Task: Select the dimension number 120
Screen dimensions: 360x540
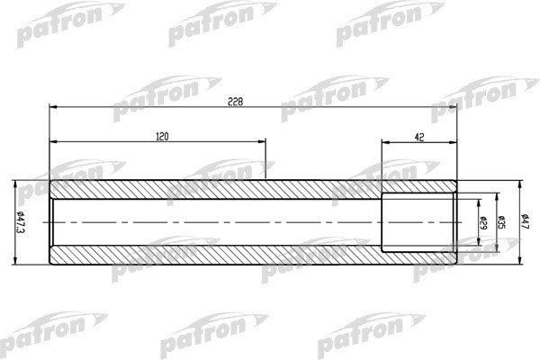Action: pyautogui.click(x=162, y=137)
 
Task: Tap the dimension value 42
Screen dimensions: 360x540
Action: pyautogui.click(x=418, y=137)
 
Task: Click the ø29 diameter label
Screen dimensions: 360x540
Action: pyautogui.click(x=483, y=222)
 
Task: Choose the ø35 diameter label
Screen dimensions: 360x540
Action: pyautogui.click(x=501, y=222)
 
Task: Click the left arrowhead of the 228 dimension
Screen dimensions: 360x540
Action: pyautogui.click(x=53, y=106)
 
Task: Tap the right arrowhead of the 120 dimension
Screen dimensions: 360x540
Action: pyautogui.click(x=262, y=141)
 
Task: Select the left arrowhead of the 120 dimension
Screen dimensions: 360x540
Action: pyautogui.click(x=53, y=141)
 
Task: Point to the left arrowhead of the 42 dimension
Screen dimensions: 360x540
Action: pyautogui.click(x=385, y=141)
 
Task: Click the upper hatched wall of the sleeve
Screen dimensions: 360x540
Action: pyautogui.click(x=216, y=189)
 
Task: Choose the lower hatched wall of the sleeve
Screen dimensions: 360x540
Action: pyautogui.click(x=216, y=256)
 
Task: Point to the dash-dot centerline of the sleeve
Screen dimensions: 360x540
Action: pyautogui.click(x=216, y=222)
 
